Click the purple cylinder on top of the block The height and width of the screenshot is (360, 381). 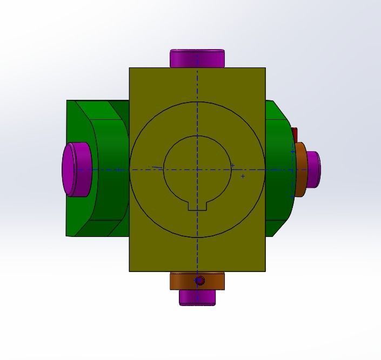[x=197, y=58]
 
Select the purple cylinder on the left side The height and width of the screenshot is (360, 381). [x=75, y=169]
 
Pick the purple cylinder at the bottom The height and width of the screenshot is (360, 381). [x=197, y=297]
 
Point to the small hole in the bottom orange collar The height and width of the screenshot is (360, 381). [x=199, y=281]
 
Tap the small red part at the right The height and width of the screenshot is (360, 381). [x=295, y=133]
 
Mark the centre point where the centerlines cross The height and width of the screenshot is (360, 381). [x=197, y=169]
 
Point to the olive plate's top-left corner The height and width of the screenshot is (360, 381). [x=130, y=68]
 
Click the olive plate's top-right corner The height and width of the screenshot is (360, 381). [x=265, y=68]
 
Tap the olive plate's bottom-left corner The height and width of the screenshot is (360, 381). [x=130, y=271]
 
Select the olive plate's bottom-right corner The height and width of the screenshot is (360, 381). [x=265, y=271]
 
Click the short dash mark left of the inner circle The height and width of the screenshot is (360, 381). [x=156, y=168]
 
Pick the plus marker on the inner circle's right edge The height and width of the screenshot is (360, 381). [x=232, y=166]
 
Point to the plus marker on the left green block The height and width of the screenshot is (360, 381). [x=118, y=169]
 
